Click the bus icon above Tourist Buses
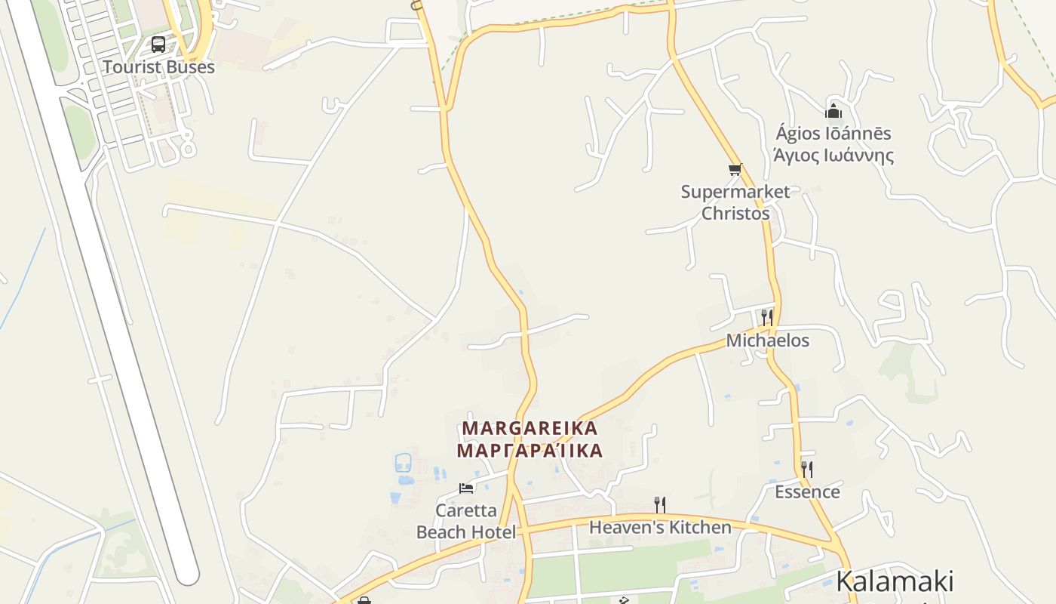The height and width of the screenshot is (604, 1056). pos(158,44)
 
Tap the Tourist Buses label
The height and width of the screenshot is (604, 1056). pos(158,67)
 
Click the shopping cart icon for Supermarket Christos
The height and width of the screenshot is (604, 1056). pos(735,169)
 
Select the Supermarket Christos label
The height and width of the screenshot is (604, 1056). pos(735,202)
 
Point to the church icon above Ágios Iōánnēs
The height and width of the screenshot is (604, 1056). pos(833,112)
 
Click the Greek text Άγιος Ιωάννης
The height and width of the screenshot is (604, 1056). pos(833,156)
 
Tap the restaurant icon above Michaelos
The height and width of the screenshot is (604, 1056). pos(767,317)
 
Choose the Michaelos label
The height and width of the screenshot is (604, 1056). pos(767,341)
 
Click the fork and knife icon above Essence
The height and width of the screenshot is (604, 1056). pos(807,470)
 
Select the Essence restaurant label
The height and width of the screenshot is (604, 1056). pos(807,492)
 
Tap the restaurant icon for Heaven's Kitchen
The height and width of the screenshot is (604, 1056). pos(660,504)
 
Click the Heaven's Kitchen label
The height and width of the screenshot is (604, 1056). pos(660,527)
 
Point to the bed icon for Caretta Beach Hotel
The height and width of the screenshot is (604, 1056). pos(466,488)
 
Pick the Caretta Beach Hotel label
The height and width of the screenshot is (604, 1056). pos(466,522)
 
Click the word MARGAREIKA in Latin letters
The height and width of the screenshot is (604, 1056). pos(530,428)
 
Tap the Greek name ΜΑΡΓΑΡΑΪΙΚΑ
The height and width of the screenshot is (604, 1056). pos(530,451)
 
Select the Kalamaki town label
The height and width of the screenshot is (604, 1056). pos(895,581)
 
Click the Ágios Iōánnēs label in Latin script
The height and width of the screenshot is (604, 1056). pos(833,134)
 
